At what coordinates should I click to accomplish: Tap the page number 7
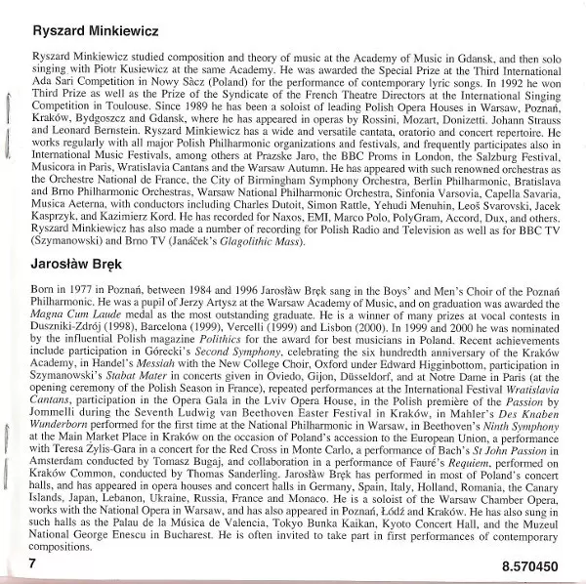pos(32,564)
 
